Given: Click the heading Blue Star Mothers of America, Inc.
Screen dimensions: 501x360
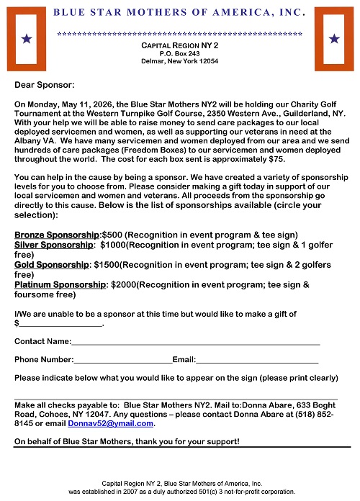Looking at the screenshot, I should (x=179, y=12).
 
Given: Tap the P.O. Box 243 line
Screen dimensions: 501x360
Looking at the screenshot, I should (x=180, y=53).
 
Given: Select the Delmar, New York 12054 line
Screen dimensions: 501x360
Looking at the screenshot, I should (x=180, y=61).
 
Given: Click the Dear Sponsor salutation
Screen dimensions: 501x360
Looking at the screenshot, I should (x=40, y=85).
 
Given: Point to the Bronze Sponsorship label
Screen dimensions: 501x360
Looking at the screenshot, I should (x=57, y=235).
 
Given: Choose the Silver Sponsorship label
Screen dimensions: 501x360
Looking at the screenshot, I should (x=53, y=245).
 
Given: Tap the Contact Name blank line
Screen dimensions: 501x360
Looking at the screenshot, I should (x=196, y=341).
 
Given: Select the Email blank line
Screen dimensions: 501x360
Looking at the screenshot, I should (x=257, y=359).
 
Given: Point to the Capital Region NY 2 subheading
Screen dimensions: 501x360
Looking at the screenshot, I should (x=179, y=45).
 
